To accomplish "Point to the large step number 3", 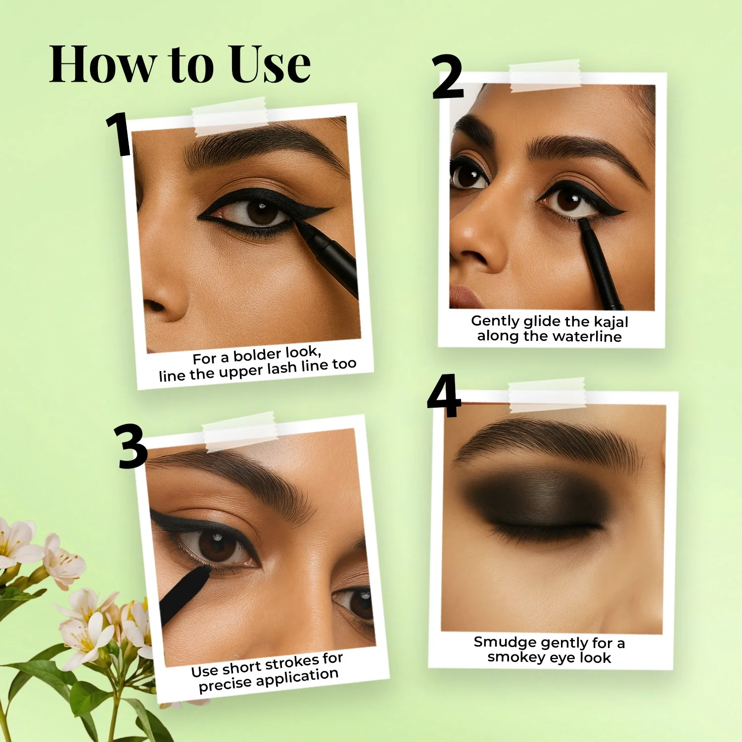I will [132, 447].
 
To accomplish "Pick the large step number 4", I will [444, 396].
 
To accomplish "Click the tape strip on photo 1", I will [230, 117].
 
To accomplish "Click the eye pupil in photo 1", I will [261, 211].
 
